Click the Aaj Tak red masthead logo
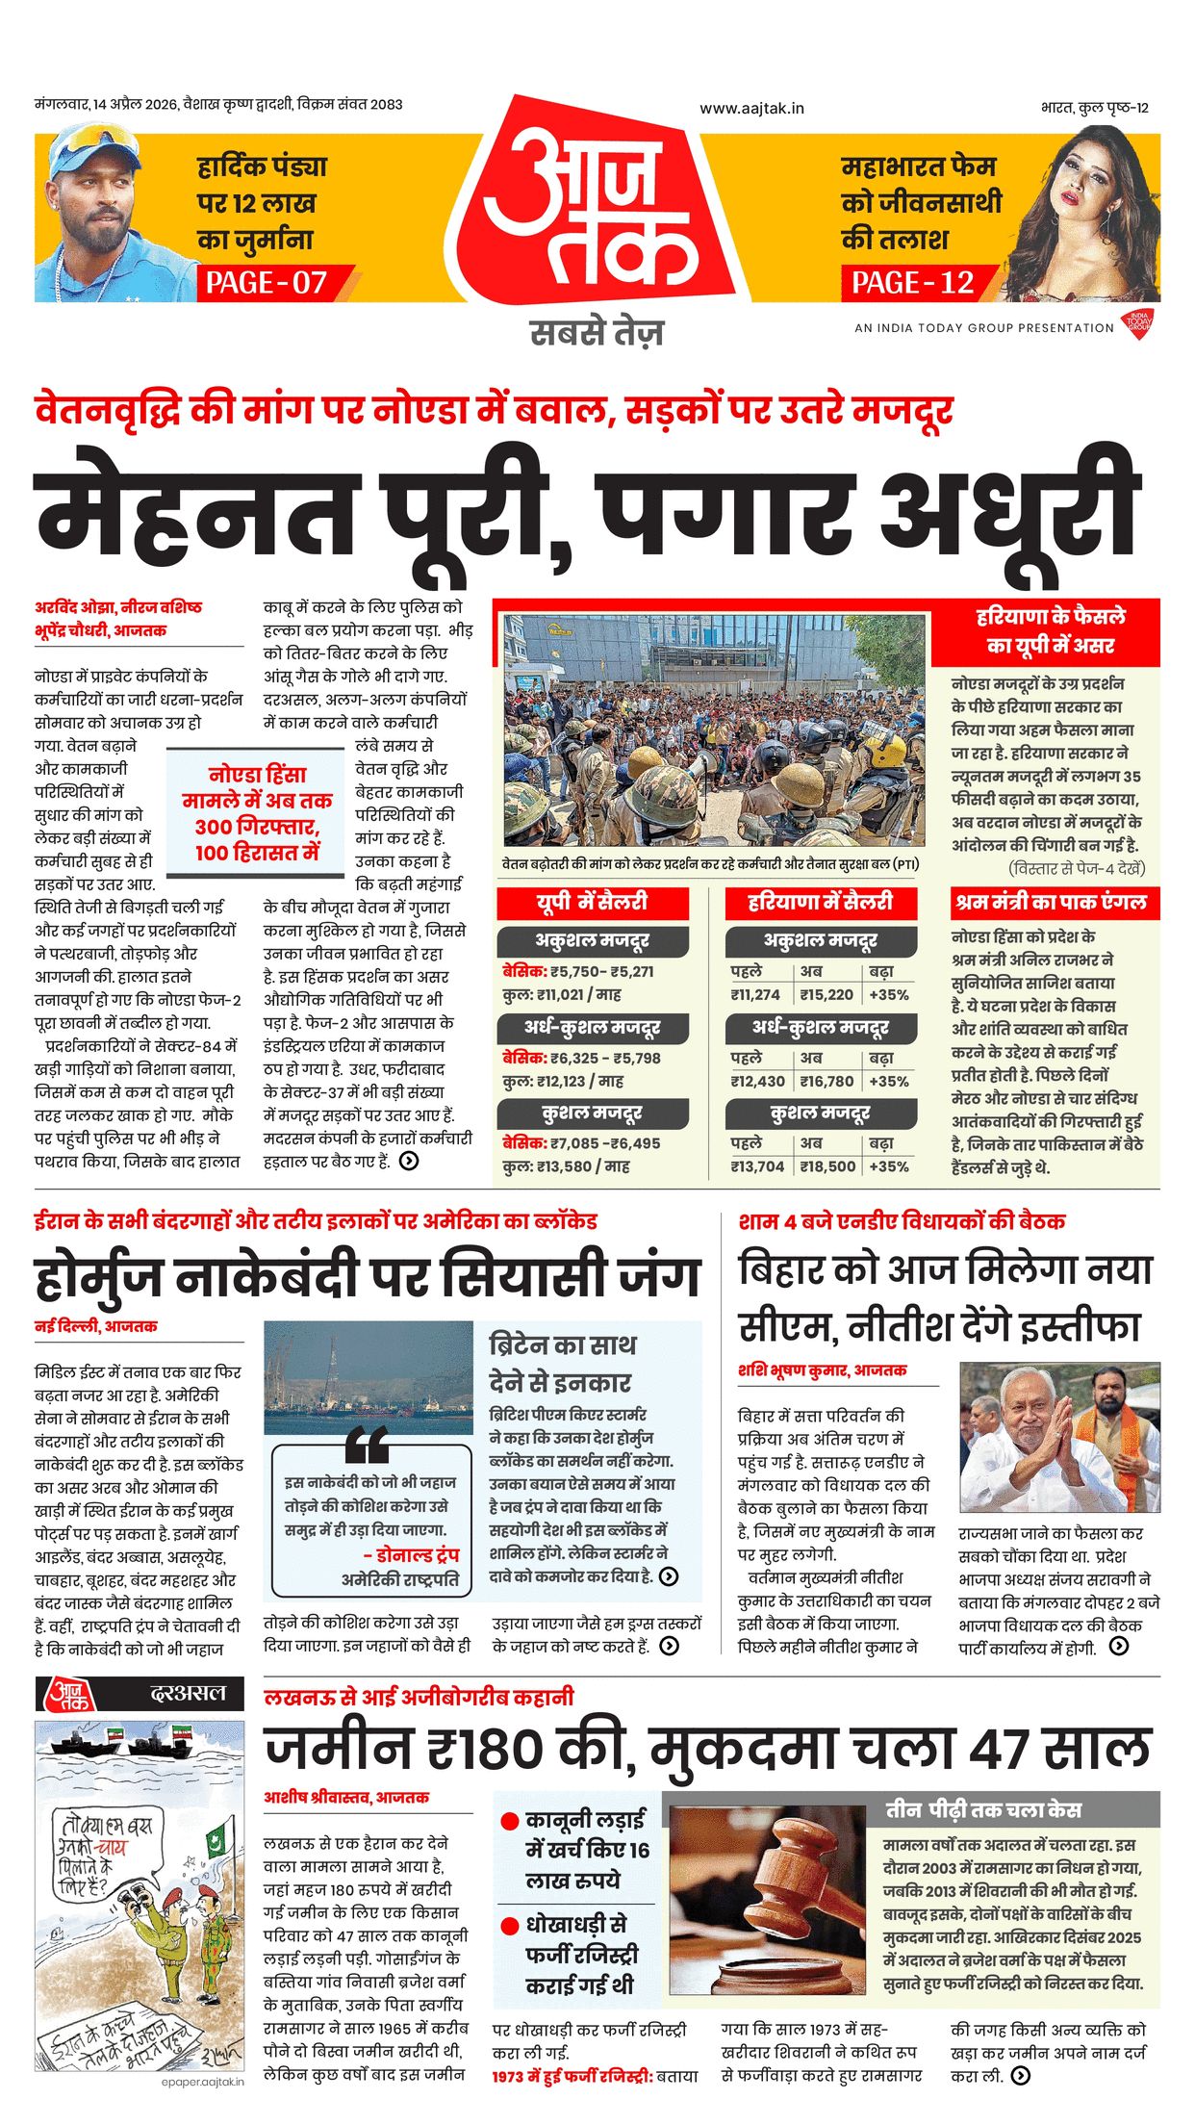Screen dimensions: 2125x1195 click(x=595, y=207)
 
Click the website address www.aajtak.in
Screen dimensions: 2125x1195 click(x=751, y=109)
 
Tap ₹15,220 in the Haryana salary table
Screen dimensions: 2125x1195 click(x=826, y=995)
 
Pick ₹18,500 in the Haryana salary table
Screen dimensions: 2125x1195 click(x=826, y=1166)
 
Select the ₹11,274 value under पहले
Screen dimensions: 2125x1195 click(x=755, y=995)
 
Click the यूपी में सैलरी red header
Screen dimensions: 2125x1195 click(x=593, y=903)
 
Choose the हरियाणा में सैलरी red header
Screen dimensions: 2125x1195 click(x=821, y=903)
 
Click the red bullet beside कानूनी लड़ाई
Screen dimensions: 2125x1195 click(x=510, y=1822)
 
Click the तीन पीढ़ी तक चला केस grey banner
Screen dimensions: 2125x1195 click(x=983, y=1810)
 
